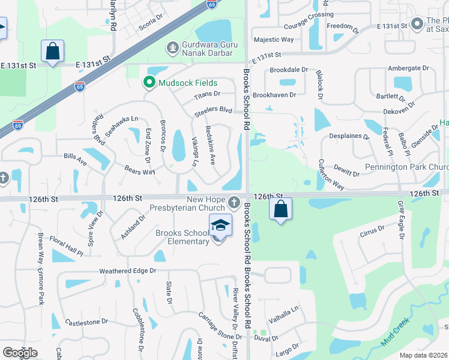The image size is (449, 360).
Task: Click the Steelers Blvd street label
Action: tap(213, 110)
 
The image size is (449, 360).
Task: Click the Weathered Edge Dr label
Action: tap(127, 271)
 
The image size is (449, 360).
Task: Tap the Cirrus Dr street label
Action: tap(372, 230)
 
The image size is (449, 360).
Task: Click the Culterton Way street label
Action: tap(330, 175)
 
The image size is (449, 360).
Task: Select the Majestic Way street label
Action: tap(274, 40)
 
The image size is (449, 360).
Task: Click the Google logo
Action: tap(20, 353)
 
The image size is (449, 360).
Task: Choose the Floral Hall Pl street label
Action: tap(66, 247)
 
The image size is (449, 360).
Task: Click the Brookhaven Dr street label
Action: tap(274, 95)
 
